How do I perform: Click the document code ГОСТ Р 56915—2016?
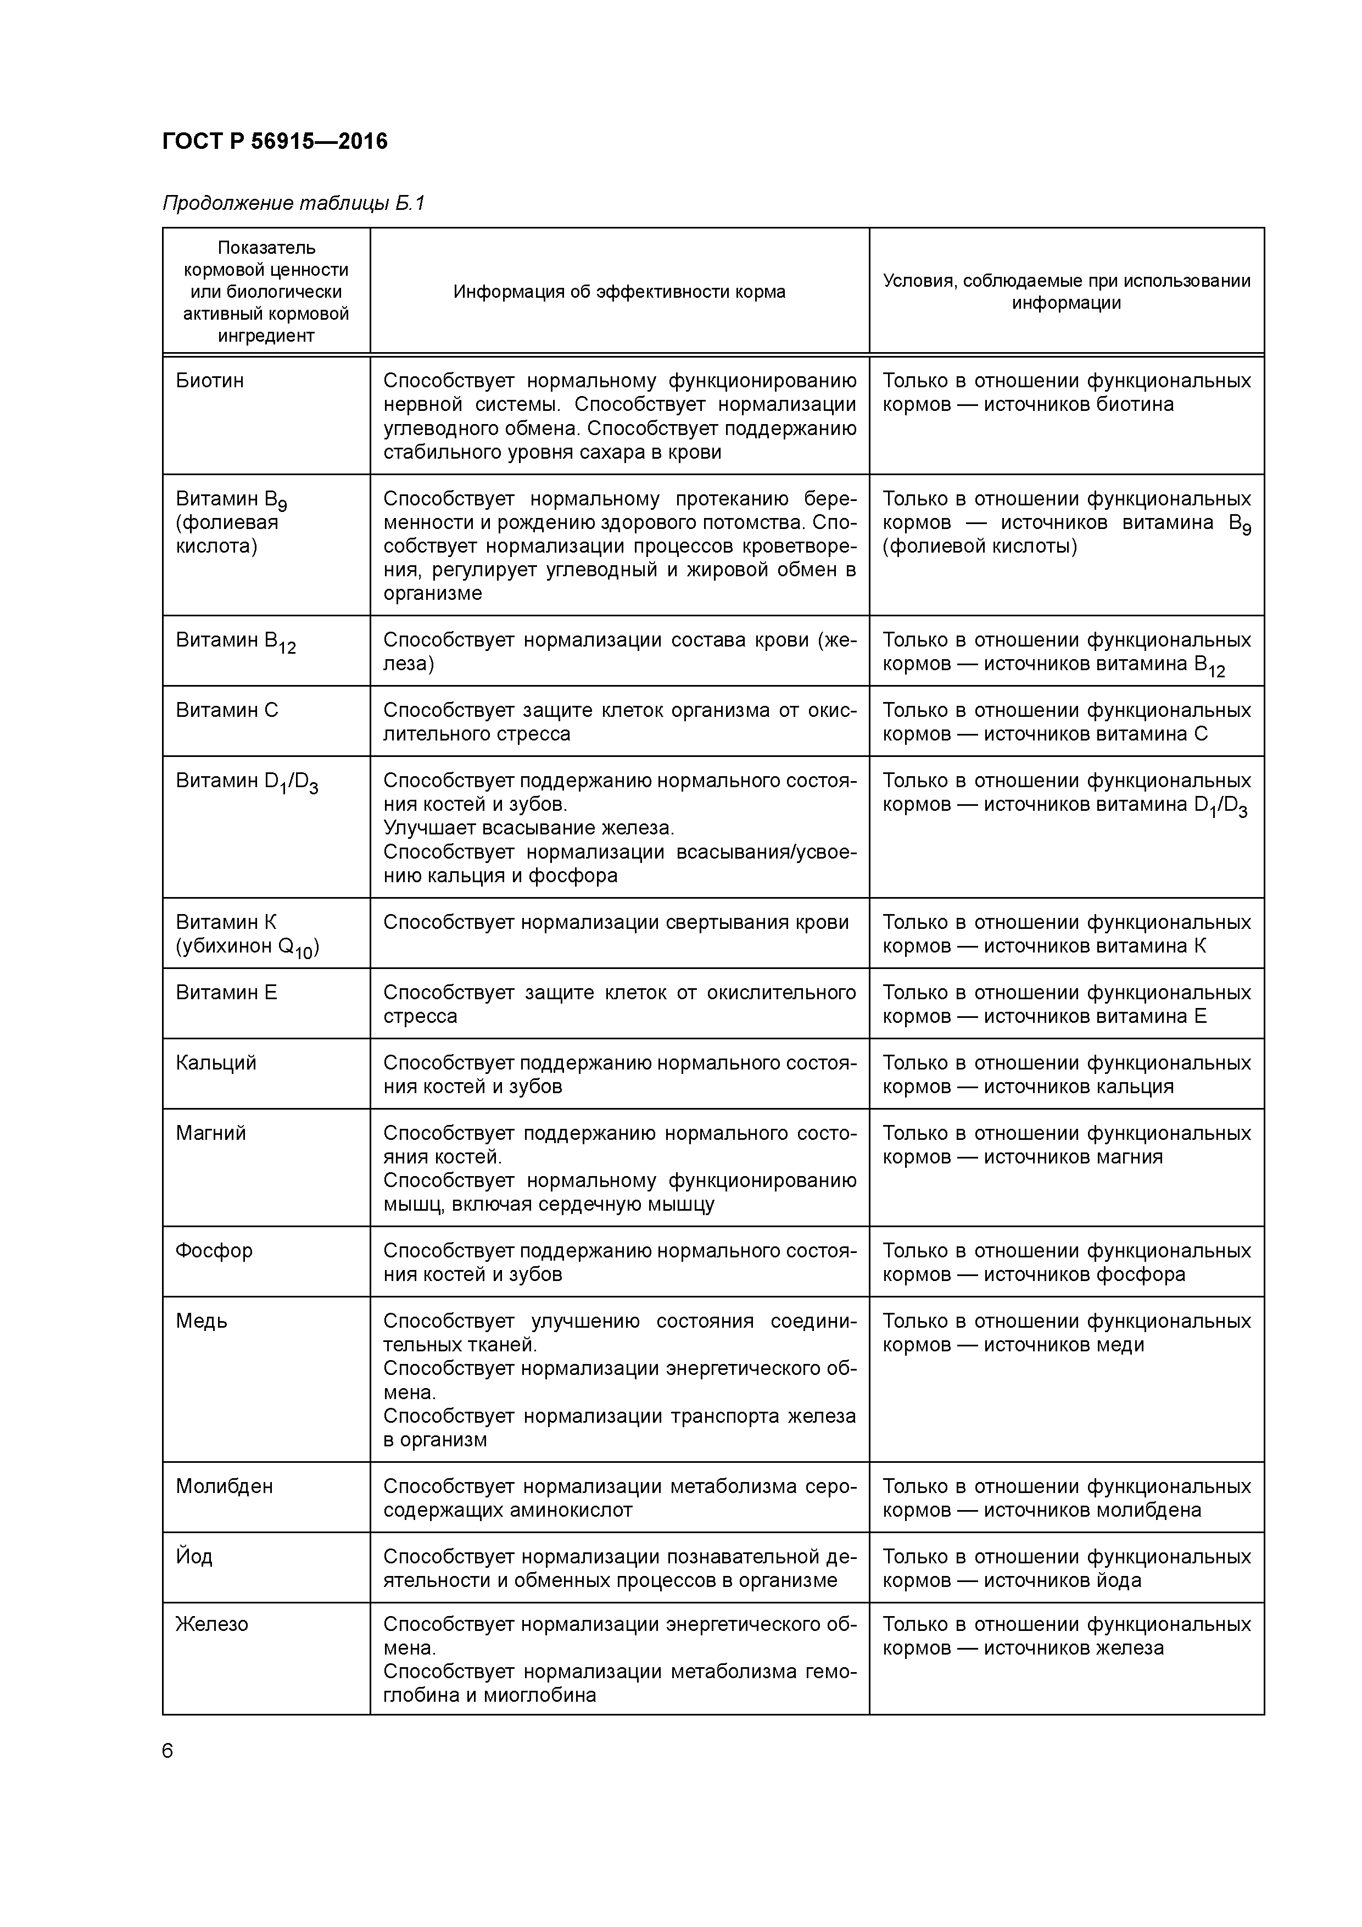click(275, 141)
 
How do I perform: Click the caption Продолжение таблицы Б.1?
click(294, 203)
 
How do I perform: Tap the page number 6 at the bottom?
click(168, 1751)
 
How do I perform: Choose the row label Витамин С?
click(227, 711)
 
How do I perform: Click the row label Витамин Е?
click(226, 993)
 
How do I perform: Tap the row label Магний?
click(211, 1134)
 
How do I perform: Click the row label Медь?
click(202, 1322)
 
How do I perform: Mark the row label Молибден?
click(224, 1486)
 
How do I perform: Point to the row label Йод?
click(194, 1557)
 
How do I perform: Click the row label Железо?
click(211, 1624)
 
